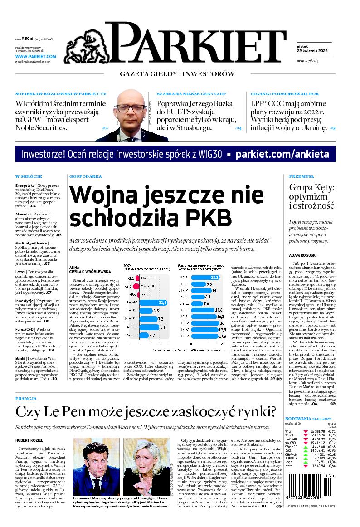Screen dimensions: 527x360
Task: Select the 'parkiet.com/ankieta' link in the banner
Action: coord(282,154)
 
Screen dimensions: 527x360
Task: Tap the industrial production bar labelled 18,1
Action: coord(199,277)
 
